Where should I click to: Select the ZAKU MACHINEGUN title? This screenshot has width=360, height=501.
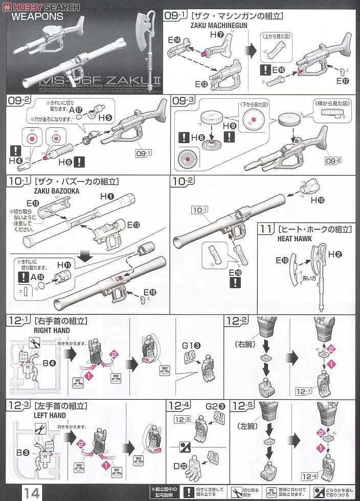coord(213,26)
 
